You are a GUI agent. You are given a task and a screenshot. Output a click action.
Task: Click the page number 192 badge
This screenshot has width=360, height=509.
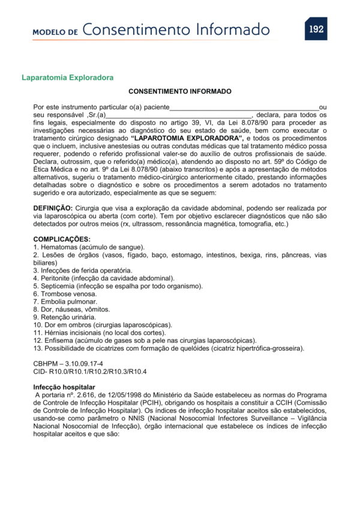[316, 28]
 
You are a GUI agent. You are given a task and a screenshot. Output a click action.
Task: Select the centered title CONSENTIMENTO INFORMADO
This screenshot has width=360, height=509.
[180, 92]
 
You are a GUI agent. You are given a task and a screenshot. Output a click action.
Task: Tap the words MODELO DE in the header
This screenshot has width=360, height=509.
[55, 31]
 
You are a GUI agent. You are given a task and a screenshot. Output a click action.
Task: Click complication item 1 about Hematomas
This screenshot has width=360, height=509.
[89, 247]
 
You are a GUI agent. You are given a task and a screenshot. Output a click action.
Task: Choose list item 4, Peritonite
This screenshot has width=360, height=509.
[104, 279]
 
